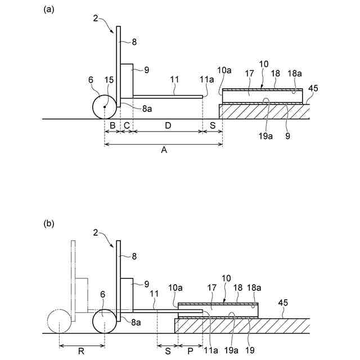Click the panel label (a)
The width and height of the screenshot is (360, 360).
49,9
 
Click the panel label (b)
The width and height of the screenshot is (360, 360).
49,223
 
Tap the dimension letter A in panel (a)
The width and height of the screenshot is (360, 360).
164,150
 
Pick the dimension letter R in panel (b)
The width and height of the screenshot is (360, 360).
82,352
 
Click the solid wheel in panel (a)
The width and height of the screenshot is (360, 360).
105,107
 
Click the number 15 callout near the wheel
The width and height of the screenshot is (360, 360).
110,80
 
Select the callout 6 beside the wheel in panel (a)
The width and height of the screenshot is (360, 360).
91,80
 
